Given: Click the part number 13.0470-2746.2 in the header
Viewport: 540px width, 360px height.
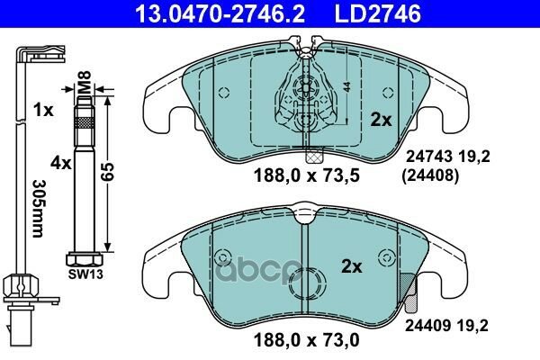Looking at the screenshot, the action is (220, 13).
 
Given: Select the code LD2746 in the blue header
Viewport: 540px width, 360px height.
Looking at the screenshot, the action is (377, 13).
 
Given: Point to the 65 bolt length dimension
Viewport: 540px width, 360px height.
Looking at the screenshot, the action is (107, 172).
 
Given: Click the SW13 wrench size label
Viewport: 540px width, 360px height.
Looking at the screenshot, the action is (85, 274).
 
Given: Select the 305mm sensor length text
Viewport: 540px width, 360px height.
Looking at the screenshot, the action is (38, 208).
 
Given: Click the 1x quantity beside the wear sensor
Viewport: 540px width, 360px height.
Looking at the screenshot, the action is (43, 110).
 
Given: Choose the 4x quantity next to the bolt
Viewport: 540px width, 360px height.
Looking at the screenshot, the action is (60, 163).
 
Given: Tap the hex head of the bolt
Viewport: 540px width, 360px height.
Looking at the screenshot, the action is (85, 260).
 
